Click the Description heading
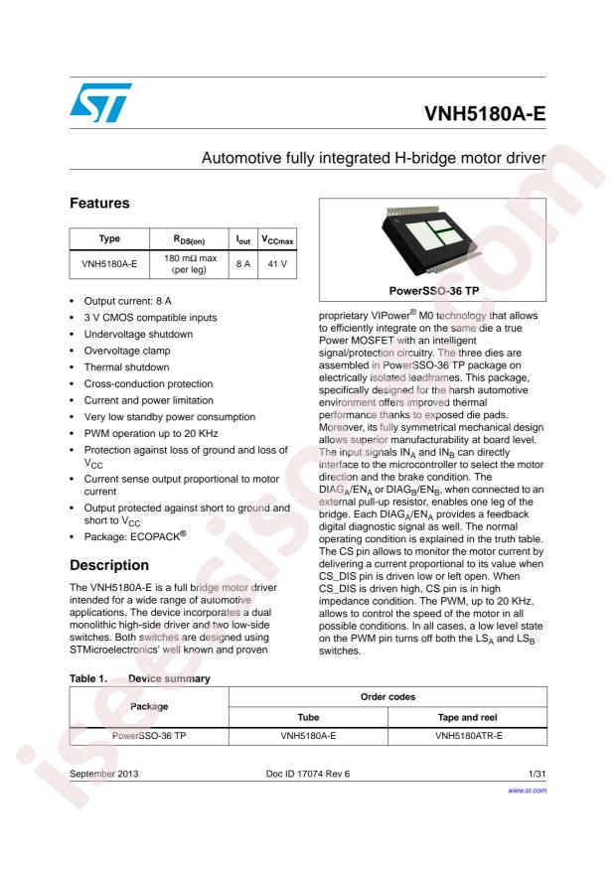coord(109,565)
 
